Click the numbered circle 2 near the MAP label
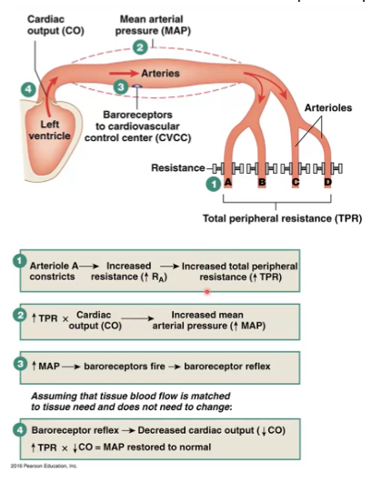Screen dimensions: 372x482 [x=140, y=47]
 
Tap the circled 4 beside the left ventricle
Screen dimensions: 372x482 [x=28, y=89]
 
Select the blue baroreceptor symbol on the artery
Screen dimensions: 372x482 [x=136, y=86]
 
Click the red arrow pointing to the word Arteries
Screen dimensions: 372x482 [x=124, y=73]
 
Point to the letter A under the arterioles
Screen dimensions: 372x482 [x=227, y=182]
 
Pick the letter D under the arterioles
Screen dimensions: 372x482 [x=327, y=182]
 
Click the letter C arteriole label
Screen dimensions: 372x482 [x=296, y=182]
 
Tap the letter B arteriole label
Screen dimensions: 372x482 [x=262, y=182]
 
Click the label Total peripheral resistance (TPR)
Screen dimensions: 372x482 [x=282, y=218]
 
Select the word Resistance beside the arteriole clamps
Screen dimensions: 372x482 [x=177, y=168]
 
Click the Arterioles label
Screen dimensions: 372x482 [x=328, y=107]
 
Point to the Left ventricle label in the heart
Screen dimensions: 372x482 [x=49, y=130]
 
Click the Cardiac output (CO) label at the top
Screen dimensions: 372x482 [x=55, y=25]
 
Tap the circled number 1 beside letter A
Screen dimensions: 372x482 [x=213, y=184]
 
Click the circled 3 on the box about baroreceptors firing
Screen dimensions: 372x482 [x=20, y=365]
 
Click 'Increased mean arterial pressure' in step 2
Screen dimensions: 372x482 [x=209, y=320]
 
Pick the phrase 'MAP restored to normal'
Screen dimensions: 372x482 [x=157, y=447]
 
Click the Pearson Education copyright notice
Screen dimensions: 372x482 [x=44, y=466]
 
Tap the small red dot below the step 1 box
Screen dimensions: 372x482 [x=206, y=291]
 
